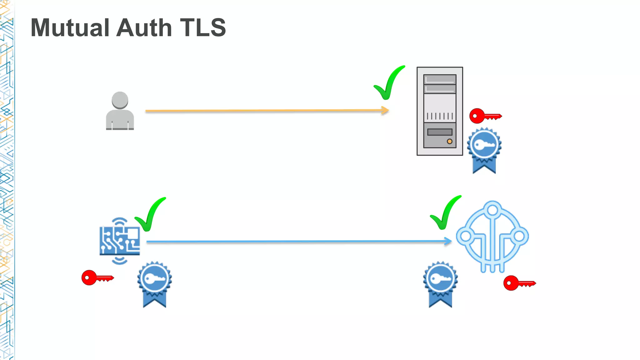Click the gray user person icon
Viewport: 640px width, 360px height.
pos(120,111)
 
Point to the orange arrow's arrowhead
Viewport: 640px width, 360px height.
pos(386,110)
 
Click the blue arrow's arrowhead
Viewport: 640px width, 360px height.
pos(448,241)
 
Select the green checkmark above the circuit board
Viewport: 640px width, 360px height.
pos(150,215)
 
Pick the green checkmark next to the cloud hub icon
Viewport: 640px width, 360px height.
pos(445,213)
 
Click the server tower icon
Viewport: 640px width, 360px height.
pos(440,111)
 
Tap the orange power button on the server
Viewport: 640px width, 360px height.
pos(449,141)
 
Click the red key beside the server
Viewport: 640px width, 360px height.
pos(485,116)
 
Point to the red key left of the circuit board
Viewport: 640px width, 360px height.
pos(97,277)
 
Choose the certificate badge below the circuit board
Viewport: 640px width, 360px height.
pos(154,284)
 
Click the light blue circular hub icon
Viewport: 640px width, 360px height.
pos(492,237)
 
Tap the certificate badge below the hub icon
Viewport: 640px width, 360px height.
pos(440,284)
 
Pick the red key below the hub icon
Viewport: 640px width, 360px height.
pos(519,283)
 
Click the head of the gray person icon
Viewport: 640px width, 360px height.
pos(120,100)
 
